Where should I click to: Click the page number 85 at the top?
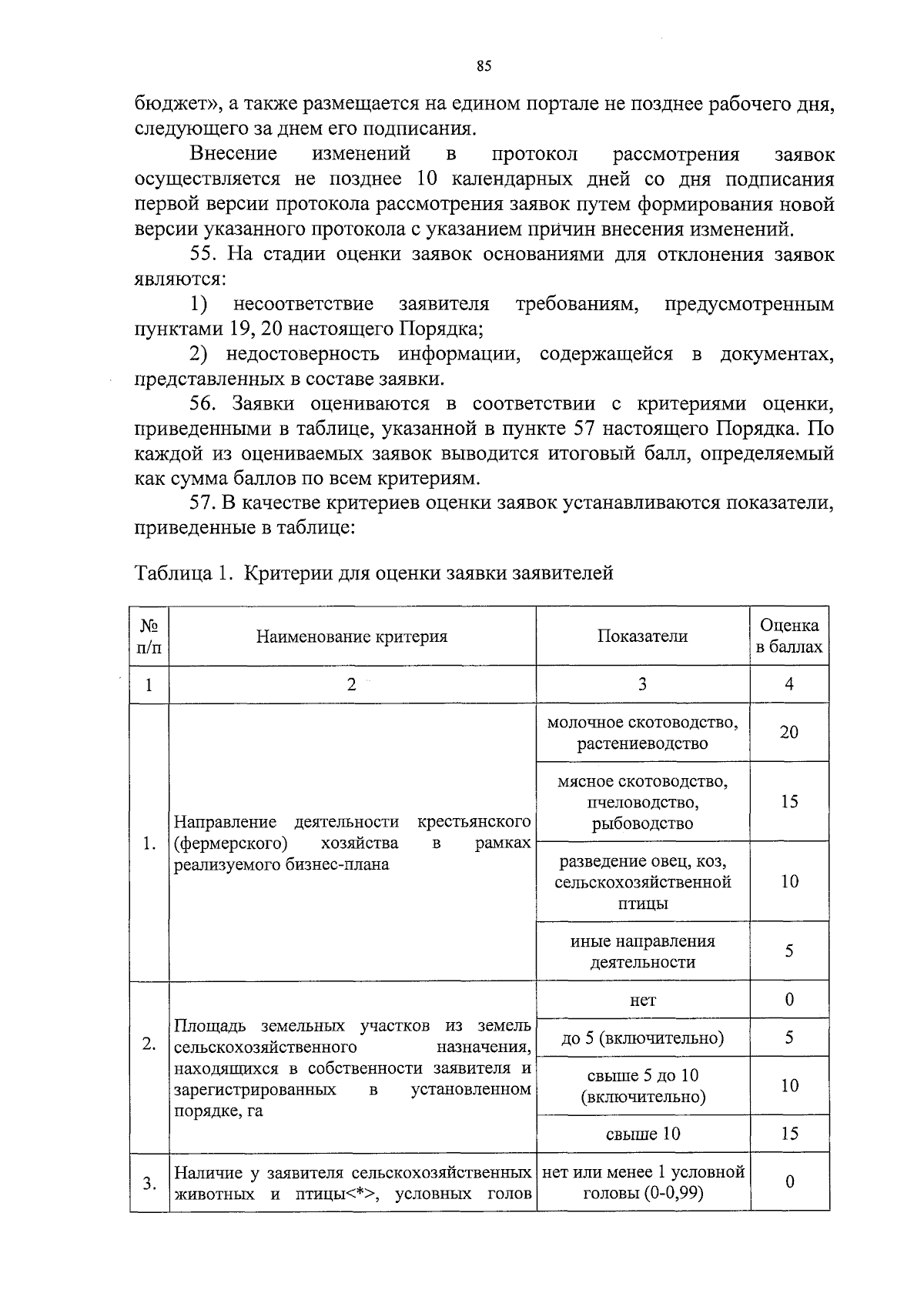click(484, 65)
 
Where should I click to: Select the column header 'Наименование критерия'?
click(351, 636)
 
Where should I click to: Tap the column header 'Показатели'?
click(642, 636)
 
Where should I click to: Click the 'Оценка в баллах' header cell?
click(789, 636)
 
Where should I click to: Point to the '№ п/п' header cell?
click(149, 636)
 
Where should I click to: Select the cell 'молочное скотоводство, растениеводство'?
click(642, 733)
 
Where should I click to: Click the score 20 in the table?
click(789, 732)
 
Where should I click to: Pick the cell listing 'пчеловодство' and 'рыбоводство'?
click(642, 802)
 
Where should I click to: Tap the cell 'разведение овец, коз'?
click(642, 881)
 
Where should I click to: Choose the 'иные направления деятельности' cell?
click(642, 951)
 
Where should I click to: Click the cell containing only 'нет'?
click(642, 1000)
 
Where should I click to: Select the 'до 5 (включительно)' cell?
click(642, 1038)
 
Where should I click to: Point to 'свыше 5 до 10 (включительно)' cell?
click(642, 1086)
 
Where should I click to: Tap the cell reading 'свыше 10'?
click(642, 1134)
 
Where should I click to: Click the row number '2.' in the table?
click(149, 1044)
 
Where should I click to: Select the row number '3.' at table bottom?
click(149, 1183)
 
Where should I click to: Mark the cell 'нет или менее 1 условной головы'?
click(642, 1183)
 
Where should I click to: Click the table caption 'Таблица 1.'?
click(182, 573)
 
